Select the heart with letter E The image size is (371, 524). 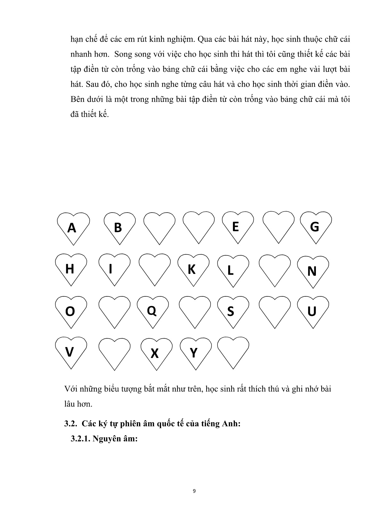point(237,226)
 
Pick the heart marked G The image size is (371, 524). point(316,226)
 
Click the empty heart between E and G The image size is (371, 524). point(278,226)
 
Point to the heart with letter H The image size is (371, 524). point(71,269)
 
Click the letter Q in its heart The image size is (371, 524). point(151,310)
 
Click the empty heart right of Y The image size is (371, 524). point(233,352)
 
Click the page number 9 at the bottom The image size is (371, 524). point(194,491)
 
